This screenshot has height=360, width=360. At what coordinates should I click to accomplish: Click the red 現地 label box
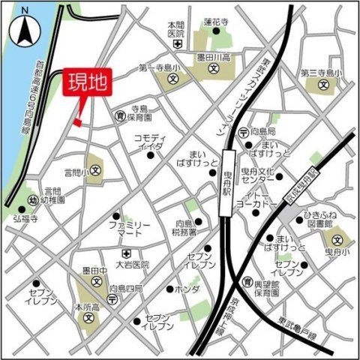tap(89, 82)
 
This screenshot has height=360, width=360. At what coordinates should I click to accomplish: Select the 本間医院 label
tap(176, 29)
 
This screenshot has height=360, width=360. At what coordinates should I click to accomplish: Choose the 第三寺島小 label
tap(320, 73)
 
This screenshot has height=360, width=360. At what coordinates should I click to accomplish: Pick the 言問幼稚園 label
tap(54, 196)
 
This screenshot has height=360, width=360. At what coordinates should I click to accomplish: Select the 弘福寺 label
tap(24, 219)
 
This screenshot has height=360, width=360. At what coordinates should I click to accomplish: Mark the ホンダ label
tap(187, 289)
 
